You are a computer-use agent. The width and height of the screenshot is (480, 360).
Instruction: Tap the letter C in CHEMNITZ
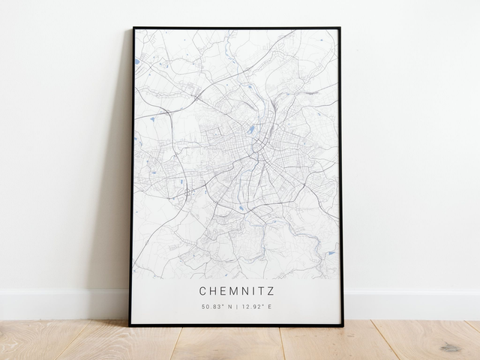202,289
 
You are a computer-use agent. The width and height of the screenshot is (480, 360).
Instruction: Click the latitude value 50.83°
212,306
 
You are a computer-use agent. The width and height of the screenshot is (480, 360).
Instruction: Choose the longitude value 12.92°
253,306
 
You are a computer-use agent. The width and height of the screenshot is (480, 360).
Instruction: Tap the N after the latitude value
228,306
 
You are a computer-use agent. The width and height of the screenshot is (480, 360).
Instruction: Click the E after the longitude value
269,306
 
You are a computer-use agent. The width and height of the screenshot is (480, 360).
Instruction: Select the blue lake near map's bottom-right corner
330,253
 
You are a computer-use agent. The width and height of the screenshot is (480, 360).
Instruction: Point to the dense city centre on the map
251,146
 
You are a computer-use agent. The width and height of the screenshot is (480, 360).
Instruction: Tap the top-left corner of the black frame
133,28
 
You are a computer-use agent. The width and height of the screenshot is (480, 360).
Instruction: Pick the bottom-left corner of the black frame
130,325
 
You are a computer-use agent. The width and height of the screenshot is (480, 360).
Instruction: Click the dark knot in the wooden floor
450,347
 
